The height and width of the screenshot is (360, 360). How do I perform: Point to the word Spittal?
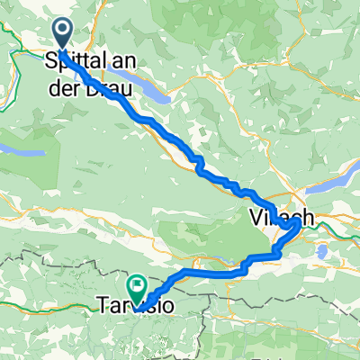(x=69, y=60)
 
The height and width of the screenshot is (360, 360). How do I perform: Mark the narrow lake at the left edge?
(x=22, y=153)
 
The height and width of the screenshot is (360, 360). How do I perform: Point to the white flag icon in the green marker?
(x=138, y=287)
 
